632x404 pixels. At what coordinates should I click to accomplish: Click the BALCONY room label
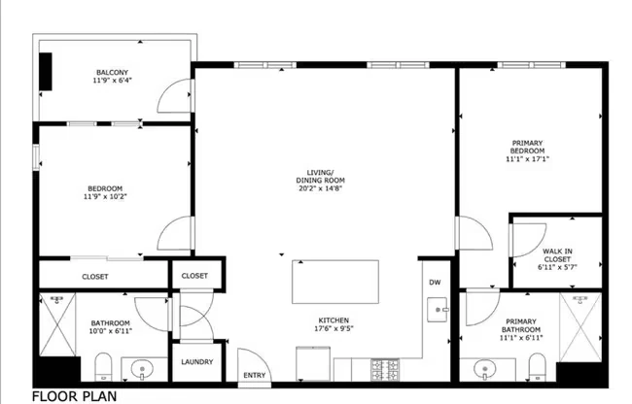tap(112, 73)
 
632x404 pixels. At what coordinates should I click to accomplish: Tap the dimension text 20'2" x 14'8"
tap(321, 187)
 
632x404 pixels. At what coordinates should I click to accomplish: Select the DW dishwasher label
tap(435, 283)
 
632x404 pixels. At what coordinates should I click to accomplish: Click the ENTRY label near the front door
tap(255, 375)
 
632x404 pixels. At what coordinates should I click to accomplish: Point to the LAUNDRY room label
tap(197, 361)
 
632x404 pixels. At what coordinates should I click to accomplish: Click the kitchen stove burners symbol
tap(385, 370)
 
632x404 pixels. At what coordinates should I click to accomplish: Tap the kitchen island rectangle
tap(335, 282)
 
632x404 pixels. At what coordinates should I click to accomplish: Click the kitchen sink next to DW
tap(438, 310)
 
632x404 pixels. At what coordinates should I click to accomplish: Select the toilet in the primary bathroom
tap(537, 367)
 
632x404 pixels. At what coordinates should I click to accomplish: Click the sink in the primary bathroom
tap(485, 368)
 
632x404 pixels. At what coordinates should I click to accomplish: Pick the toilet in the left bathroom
tap(104, 366)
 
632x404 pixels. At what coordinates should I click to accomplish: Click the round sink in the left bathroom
tap(142, 368)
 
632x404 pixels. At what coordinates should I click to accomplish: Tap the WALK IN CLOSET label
tap(557, 255)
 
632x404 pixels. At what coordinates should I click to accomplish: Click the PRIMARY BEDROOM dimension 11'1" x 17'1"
tap(527, 159)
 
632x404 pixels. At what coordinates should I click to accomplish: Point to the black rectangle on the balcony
tap(46, 71)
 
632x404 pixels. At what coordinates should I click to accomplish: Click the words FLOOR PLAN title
tap(74, 396)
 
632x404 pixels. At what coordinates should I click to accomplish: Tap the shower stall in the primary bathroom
tap(580, 327)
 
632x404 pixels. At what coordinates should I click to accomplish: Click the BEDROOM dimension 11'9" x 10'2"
tap(105, 197)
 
